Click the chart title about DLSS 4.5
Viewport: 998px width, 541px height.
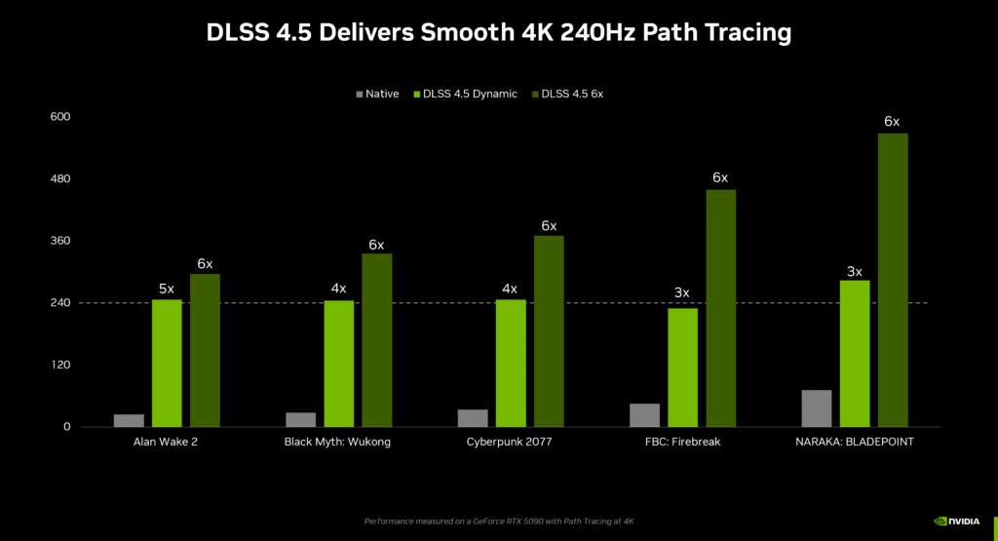tap(498, 32)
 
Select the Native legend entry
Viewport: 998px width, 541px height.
tap(377, 94)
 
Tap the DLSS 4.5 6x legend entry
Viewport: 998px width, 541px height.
tap(567, 94)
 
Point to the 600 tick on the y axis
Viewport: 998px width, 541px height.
tap(60, 117)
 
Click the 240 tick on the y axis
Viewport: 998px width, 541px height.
tap(60, 303)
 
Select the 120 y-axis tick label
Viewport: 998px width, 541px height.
tap(60, 366)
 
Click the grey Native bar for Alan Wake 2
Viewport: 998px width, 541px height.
tap(129, 420)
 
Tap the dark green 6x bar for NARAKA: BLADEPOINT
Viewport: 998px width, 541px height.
tap(893, 280)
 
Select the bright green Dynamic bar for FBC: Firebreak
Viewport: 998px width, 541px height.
tap(682, 367)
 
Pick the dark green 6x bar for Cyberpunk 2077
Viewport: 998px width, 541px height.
tap(549, 331)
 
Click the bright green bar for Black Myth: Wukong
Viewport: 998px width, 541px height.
tap(338, 364)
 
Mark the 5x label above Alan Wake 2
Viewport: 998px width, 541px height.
tap(167, 289)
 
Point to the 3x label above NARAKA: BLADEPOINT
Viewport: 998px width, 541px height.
tap(855, 271)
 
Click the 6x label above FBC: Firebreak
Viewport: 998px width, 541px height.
tap(720, 177)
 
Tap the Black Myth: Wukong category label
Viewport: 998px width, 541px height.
tap(337, 443)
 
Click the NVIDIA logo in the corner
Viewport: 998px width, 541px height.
tap(959, 522)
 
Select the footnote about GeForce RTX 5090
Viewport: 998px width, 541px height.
tap(499, 522)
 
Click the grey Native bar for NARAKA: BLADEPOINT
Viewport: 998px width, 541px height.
tap(817, 408)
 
